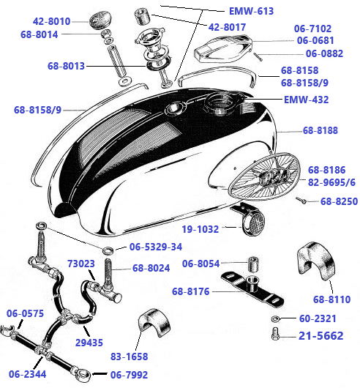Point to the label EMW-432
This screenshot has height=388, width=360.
(307, 100)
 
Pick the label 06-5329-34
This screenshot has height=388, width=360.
(157, 247)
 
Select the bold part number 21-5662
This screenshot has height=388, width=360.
(321, 336)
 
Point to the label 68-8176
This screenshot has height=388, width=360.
(192, 293)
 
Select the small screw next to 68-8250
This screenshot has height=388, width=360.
(301, 198)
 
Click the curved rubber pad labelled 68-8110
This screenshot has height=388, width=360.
(315, 262)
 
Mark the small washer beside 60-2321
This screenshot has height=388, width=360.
(274, 321)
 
